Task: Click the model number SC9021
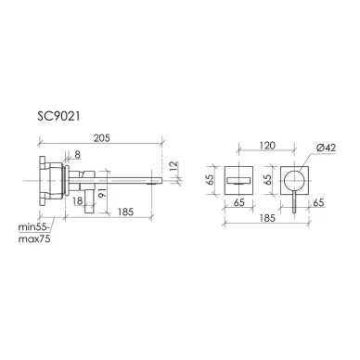click(58, 116)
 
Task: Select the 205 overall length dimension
click(102, 138)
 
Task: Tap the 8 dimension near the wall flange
click(77, 154)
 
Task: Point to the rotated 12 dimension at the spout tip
click(174, 166)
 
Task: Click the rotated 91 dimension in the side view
click(102, 192)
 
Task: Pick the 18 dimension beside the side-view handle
click(78, 201)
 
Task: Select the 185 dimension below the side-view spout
click(125, 212)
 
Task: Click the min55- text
click(33, 227)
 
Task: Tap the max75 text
click(34, 238)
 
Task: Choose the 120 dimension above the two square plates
click(267, 146)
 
